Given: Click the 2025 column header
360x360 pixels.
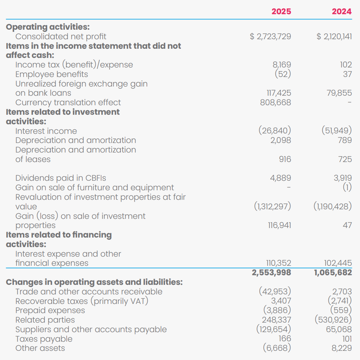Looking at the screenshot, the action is [x=281, y=11].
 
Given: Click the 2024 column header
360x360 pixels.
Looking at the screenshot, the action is [x=342, y=11].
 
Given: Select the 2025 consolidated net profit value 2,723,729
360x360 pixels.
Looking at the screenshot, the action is [x=271, y=36].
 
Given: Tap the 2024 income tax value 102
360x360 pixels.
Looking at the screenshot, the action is [x=346, y=65].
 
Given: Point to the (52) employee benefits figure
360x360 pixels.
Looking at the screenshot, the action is [x=283, y=74].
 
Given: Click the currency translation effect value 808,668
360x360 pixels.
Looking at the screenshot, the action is [x=275, y=102].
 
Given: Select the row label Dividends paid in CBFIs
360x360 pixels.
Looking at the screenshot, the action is [x=61, y=178].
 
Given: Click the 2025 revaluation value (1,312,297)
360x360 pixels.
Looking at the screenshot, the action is [x=272, y=206].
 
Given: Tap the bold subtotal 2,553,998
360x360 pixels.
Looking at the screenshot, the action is [x=271, y=272].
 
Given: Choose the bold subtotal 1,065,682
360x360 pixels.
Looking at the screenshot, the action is [x=333, y=272].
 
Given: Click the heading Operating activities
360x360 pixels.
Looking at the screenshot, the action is [x=48, y=27].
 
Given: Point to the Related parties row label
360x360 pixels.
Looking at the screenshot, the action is [x=45, y=320].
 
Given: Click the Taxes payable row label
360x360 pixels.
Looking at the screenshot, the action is [x=44, y=339].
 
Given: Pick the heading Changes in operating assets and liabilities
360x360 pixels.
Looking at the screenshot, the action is [x=94, y=282].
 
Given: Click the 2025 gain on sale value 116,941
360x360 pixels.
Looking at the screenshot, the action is [x=279, y=225].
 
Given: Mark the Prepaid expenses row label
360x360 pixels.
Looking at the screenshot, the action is [x=50, y=311].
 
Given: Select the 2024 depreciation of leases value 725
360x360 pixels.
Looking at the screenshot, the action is [x=345, y=159].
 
